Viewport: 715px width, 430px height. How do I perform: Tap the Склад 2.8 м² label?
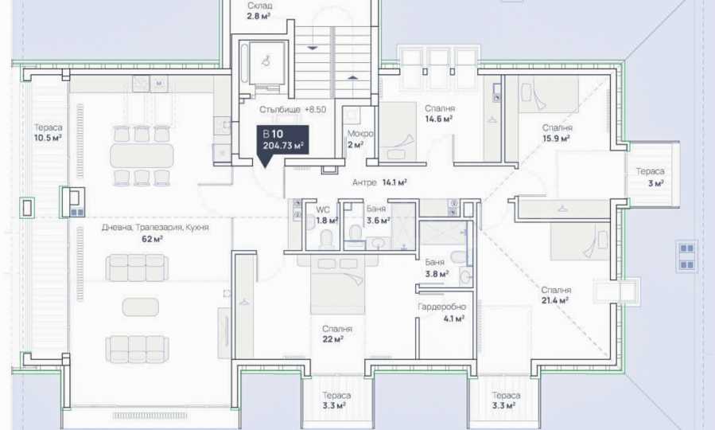coord(259,11)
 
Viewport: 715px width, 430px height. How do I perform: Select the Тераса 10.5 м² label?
coord(48,132)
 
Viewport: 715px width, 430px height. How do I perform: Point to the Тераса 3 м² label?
coord(651,177)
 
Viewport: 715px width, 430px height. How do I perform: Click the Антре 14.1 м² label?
coord(379,182)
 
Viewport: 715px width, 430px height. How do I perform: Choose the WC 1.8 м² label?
coord(327,215)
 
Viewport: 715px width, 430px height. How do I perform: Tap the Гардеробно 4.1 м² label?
coord(442,313)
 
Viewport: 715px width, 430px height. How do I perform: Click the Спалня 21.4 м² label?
coord(556,295)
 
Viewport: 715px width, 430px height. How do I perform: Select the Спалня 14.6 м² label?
coord(439,114)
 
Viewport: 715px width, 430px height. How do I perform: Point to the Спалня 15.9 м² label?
coord(557,133)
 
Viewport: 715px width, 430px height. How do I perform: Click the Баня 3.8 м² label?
coord(437,268)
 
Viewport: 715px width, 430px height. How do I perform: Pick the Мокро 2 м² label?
coord(359,139)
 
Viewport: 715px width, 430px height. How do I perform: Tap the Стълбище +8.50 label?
coord(293,110)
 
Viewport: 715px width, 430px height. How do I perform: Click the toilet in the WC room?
coord(327,239)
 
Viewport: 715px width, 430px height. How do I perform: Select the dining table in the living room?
coord(142,155)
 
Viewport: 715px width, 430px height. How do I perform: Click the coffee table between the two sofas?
coord(141,307)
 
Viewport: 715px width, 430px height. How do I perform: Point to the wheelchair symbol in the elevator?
coord(266,60)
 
